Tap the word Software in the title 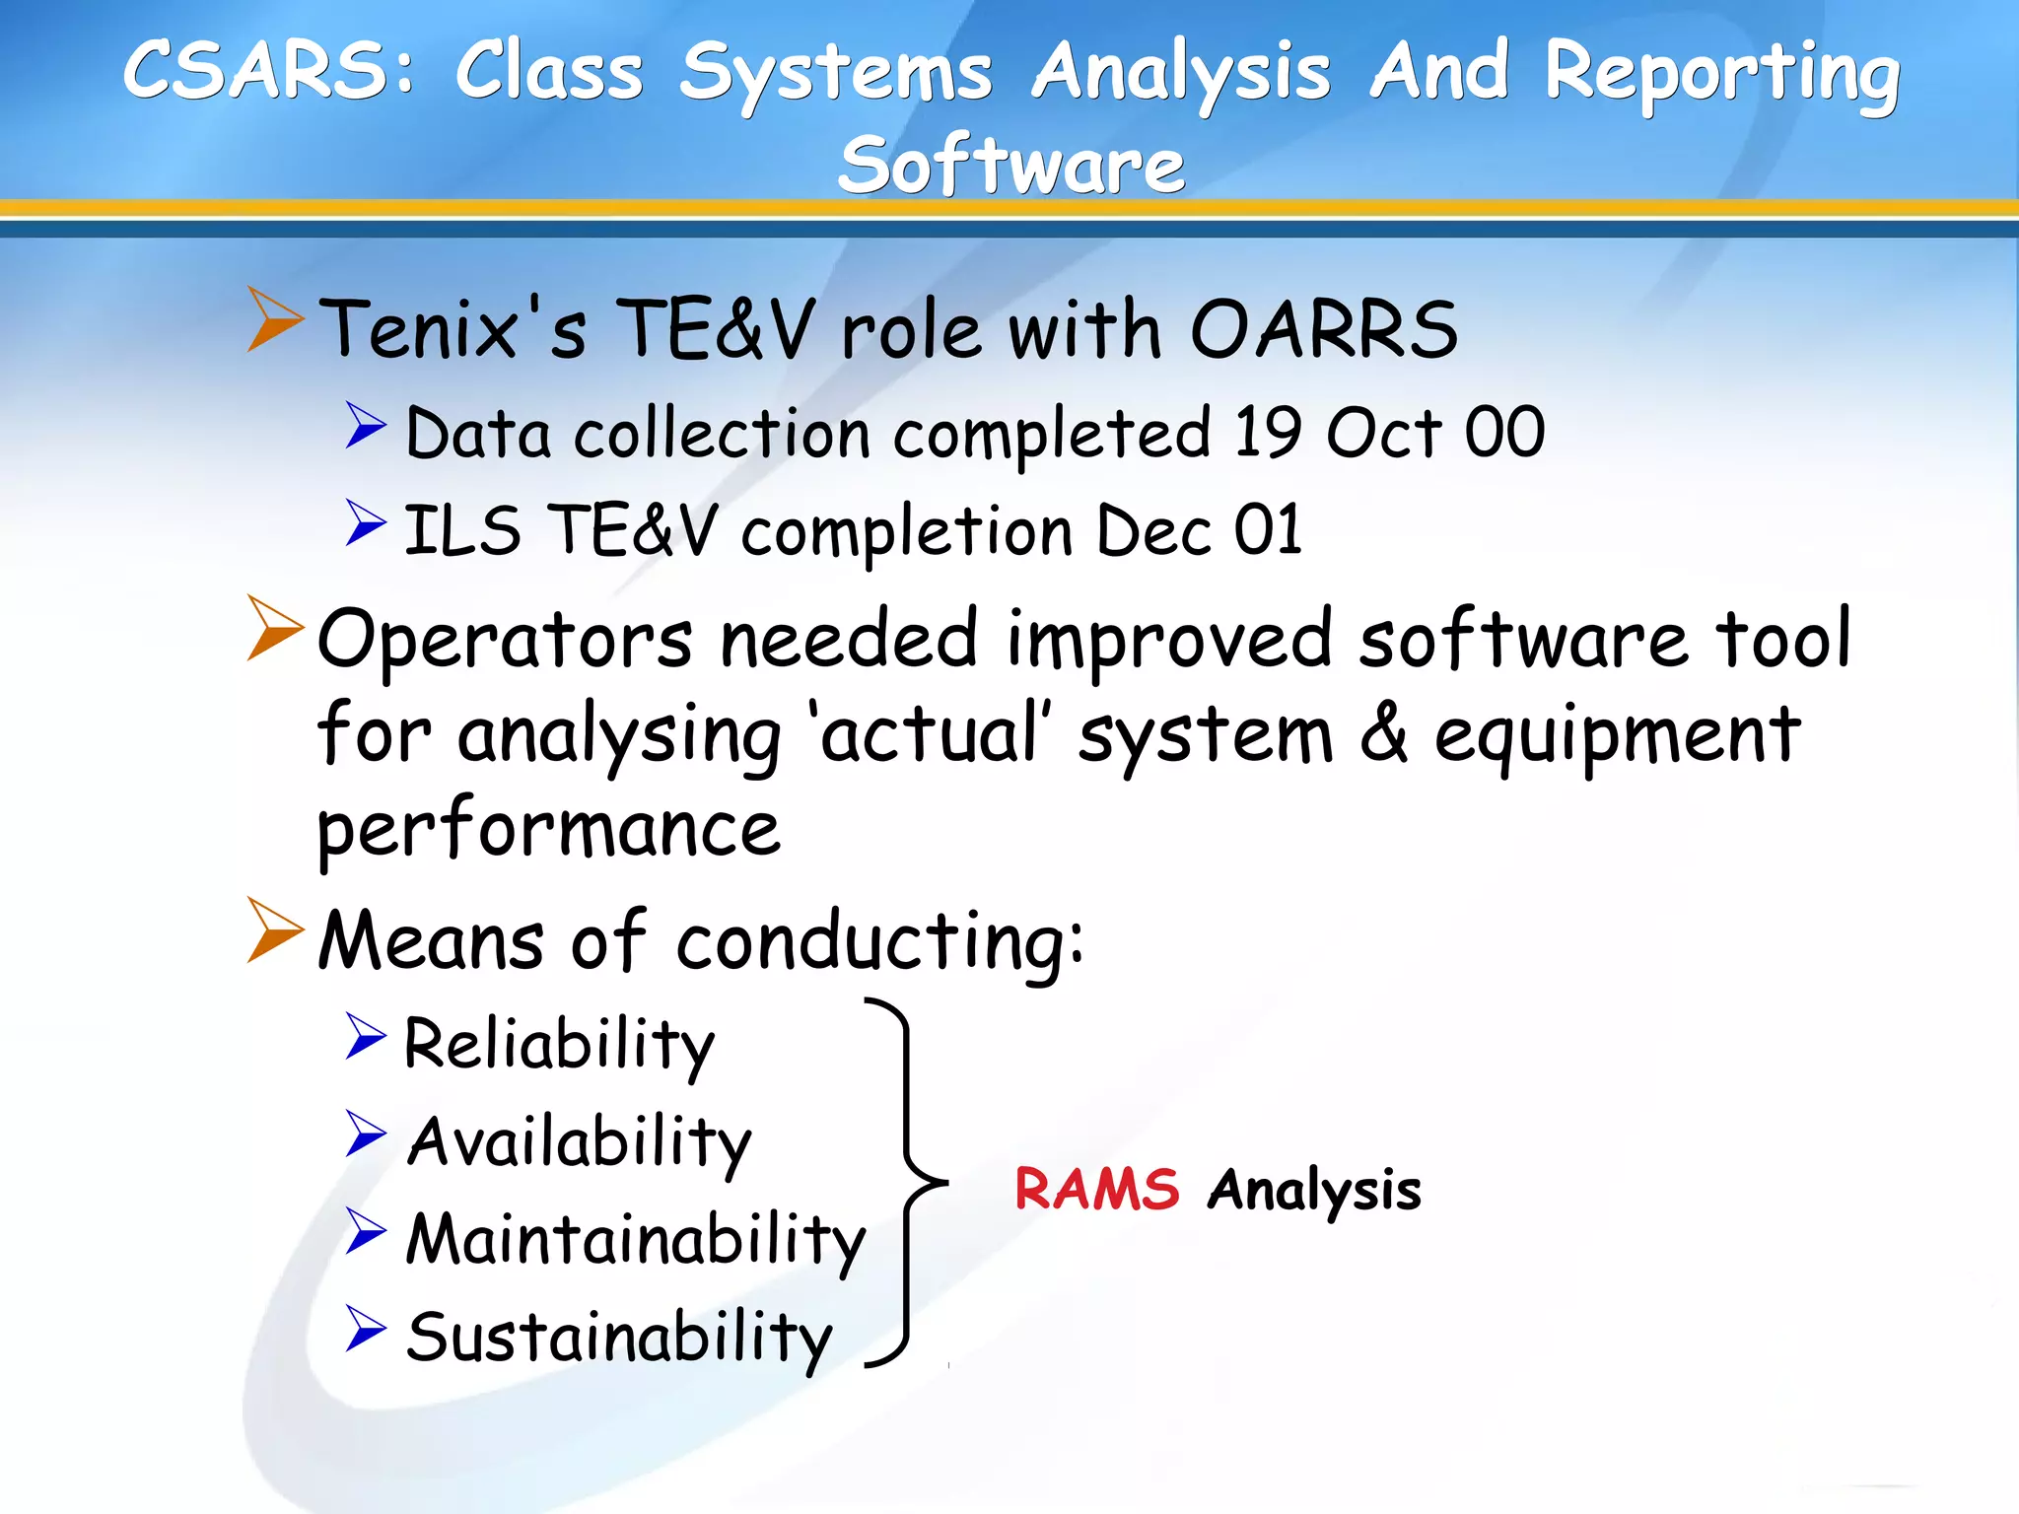click(x=1011, y=166)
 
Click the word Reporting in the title click(x=1721, y=74)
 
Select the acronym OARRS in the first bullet click(x=1324, y=330)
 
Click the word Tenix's click(x=453, y=330)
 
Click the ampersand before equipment click(x=1384, y=734)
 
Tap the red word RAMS click(x=1096, y=1189)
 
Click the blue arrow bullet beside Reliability click(x=365, y=1036)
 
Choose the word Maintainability click(x=636, y=1240)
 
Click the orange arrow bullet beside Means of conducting click(x=274, y=929)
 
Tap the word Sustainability click(x=619, y=1339)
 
